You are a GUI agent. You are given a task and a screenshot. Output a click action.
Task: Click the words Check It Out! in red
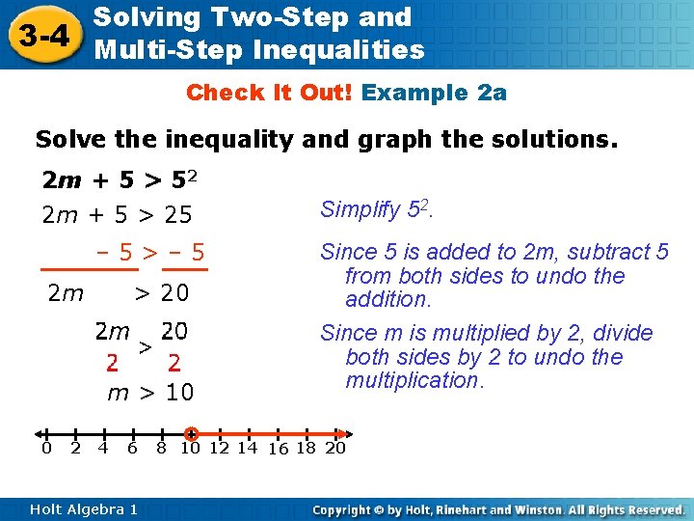(x=271, y=93)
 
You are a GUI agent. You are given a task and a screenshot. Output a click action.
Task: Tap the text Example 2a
(x=435, y=93)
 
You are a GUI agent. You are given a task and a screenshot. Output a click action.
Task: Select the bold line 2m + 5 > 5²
(x=125, y=180)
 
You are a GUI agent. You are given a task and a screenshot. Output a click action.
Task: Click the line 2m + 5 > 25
(x=117, y=214)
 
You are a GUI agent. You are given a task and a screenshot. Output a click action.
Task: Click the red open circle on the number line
(x=191, y=434)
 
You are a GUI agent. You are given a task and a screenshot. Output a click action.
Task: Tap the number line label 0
(x=45, y=449)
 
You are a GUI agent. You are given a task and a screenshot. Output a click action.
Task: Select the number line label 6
(x=132, y=449)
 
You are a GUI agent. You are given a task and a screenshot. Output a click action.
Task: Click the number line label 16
(x=278, y=450)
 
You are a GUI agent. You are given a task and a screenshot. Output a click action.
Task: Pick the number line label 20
(x=335, y=449)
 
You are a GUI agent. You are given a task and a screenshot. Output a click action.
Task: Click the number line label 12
(x=220, y=449)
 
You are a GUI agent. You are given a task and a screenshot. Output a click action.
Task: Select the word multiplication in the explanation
(x=413, y=380)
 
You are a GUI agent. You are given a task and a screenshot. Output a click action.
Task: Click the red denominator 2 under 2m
(x=113, y=364)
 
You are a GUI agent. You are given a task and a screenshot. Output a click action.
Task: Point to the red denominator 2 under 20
(x=174, y=364)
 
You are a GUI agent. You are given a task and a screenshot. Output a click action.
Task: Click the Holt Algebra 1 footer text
(x=84, y=509)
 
